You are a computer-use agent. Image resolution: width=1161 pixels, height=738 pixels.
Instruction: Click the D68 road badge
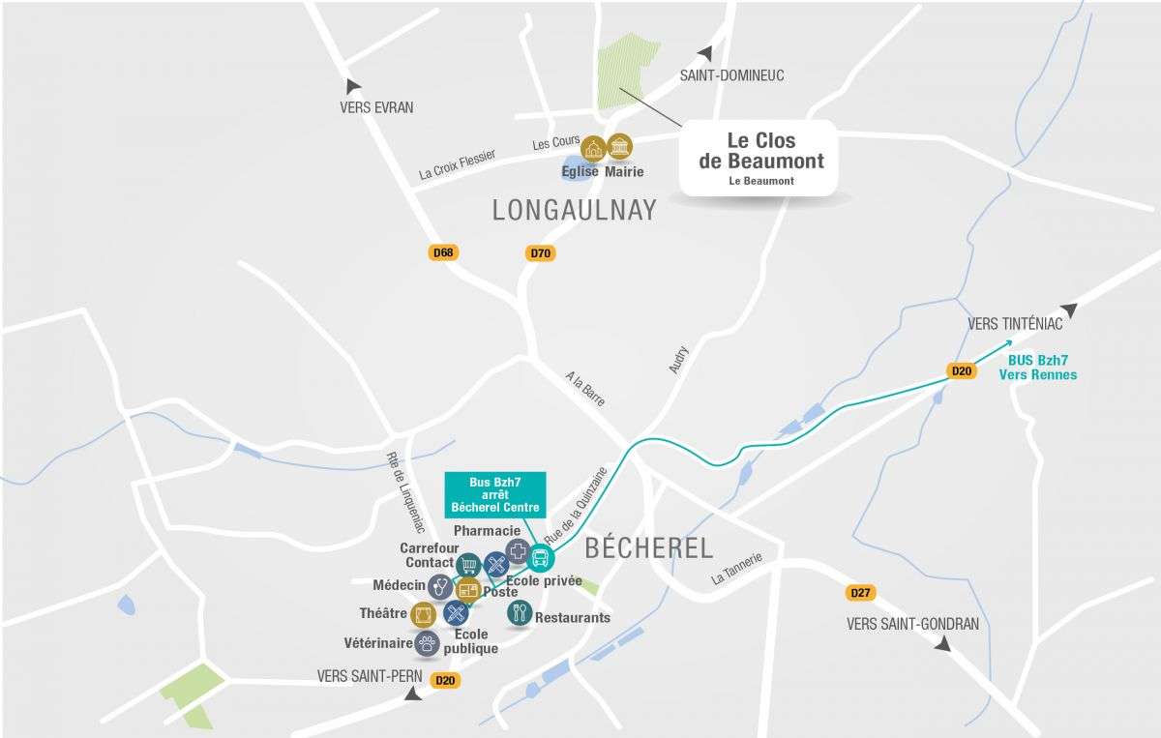coord(443,253)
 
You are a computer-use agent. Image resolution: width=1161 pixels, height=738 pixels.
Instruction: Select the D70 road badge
coord(540,254)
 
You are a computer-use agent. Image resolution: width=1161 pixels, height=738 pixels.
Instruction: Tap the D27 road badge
coord(859,592)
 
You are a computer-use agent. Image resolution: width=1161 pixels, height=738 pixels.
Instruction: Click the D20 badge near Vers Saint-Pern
coord(445,680)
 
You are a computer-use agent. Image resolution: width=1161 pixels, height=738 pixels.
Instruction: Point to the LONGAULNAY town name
coord(575,210)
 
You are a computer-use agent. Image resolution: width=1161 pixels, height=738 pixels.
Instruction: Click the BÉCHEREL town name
coord(649,548)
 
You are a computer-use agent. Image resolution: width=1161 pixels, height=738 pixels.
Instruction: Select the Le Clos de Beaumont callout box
coord(760,158)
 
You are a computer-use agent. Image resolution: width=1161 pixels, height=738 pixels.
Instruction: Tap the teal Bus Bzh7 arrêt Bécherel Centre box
coord(494,494)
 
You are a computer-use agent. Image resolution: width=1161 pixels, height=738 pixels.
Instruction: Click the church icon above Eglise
coord(593,148)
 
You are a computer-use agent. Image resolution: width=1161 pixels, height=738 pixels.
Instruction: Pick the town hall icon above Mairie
coord(619,147)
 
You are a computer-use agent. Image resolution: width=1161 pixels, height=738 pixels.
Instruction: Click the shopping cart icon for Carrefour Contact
coord(469,565)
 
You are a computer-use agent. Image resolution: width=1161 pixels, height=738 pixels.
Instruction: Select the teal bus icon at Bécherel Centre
coord(541,558)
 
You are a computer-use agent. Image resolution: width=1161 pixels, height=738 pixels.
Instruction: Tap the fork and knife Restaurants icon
coord(520,612)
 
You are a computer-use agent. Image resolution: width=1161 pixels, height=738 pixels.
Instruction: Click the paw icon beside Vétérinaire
coord(427,642)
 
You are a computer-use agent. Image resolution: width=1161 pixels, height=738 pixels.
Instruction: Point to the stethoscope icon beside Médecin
coord(440,586)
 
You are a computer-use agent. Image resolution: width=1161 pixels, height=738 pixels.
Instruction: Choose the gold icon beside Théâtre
coord(424,614)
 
